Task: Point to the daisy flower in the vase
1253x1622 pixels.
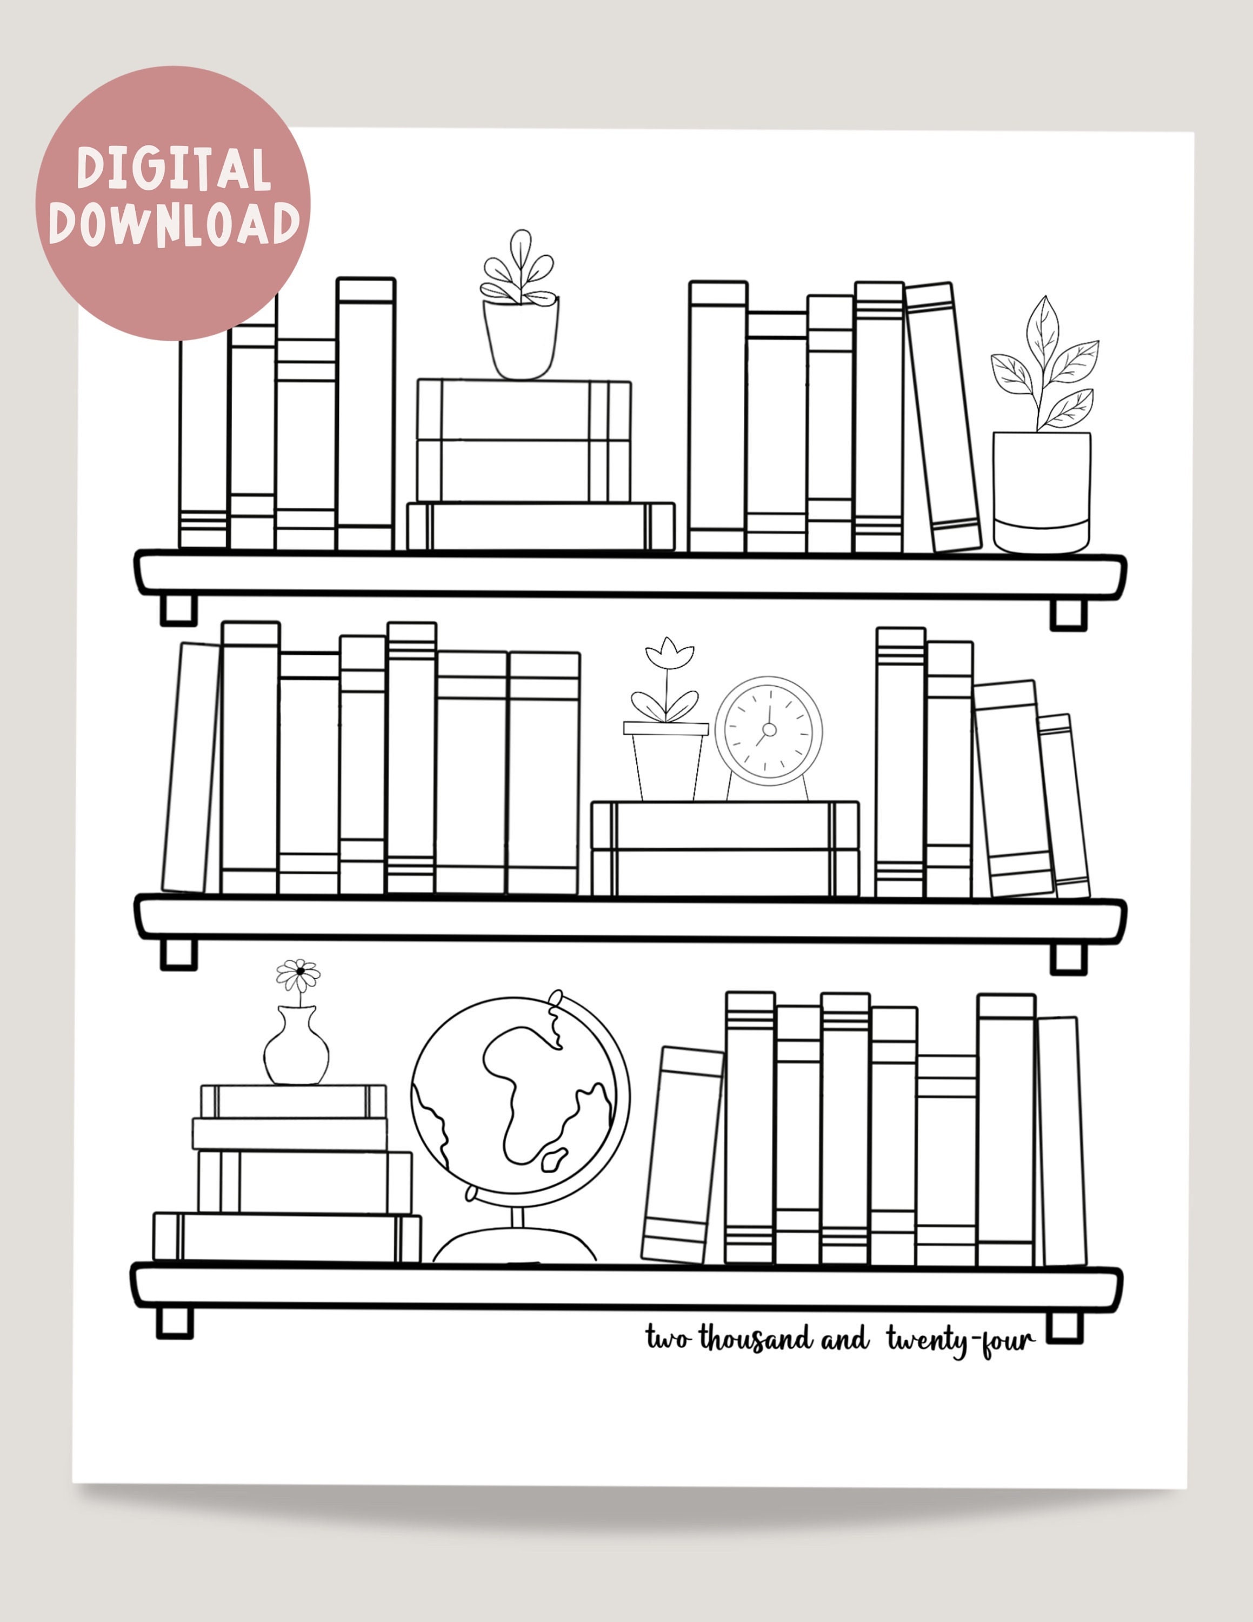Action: click(298, 973)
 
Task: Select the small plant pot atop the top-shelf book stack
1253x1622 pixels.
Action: click(521, 338)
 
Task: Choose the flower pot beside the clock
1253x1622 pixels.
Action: click(666, 761)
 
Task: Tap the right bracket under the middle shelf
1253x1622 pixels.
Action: click(1068, 958)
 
